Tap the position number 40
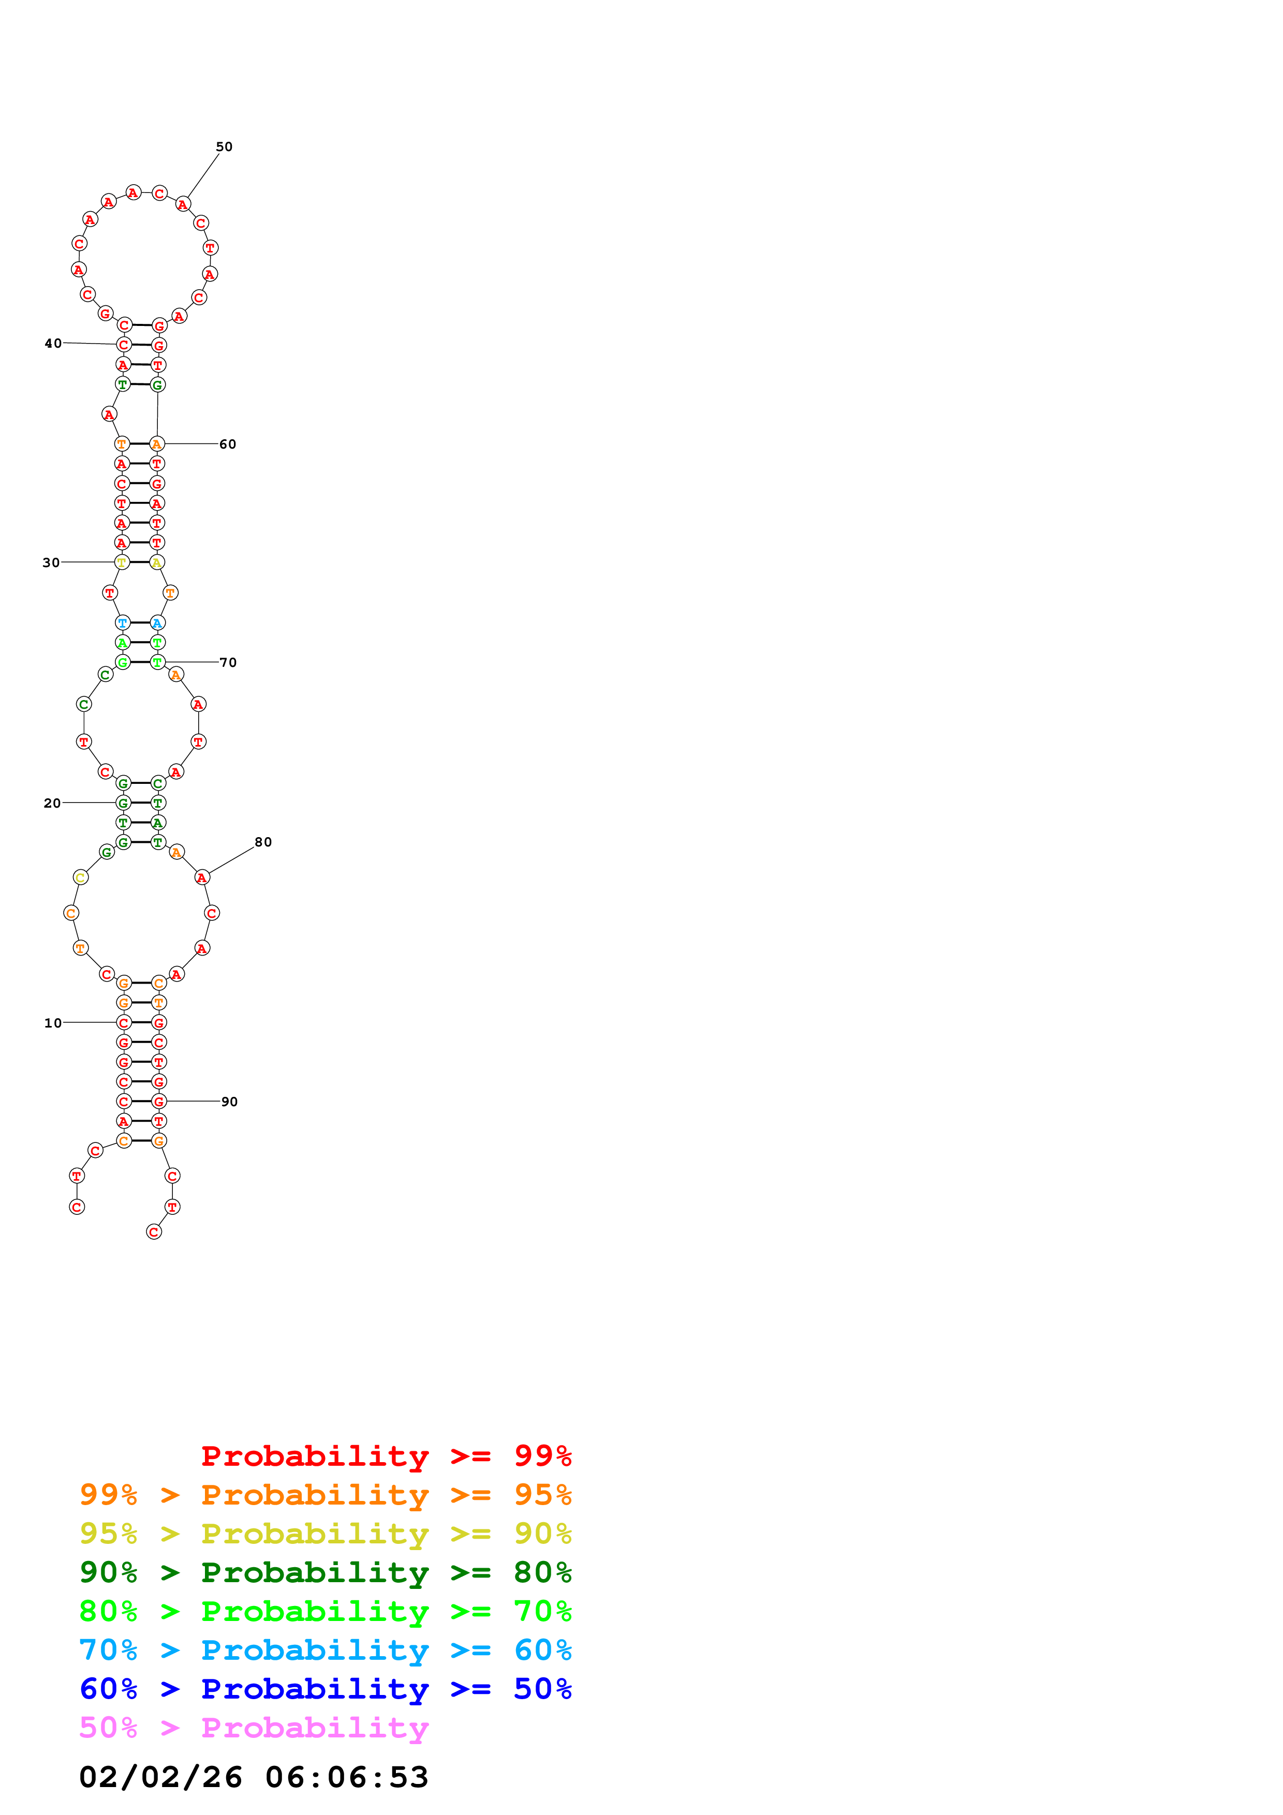click(x=52, y=343)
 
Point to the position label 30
click(x=51, y=563)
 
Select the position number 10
click(x=52, y=1023)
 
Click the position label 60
click(x=228, y=444)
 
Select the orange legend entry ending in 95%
click(x=325, y=1494)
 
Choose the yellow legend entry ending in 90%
click(x=325, y=1533)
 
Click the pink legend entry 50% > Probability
click(x=253, y=1727)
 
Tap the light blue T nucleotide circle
click(x=123, y=623)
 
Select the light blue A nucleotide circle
click(x=157, y=623)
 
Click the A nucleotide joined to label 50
click(x=183, y=204)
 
